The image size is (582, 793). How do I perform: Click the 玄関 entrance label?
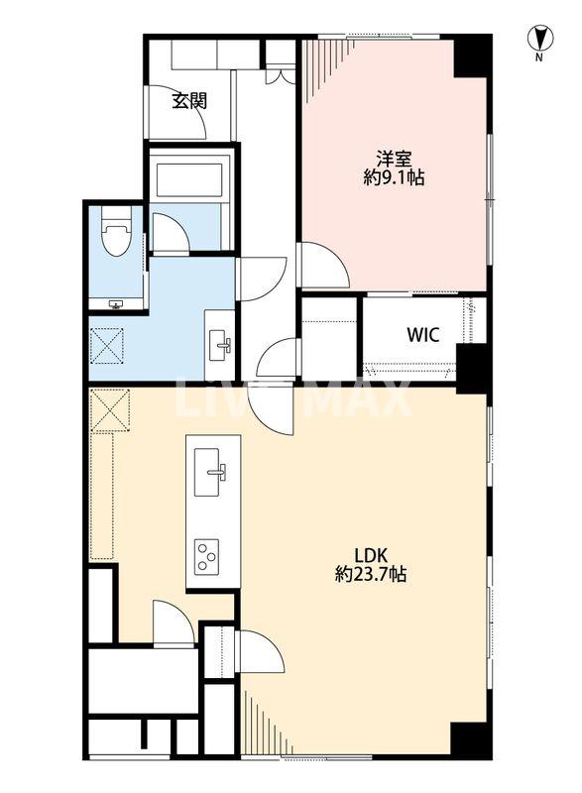click(189, 101)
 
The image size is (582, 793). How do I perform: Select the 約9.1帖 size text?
click(394, 177)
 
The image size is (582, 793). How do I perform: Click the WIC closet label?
click(423, 334)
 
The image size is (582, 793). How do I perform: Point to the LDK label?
click(371, 556)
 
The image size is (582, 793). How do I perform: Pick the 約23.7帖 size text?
click(371, 574)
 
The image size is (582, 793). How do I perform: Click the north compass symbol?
click(540, 39)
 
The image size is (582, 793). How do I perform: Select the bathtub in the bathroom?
click(190, 177)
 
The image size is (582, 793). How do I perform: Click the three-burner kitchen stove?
click(208, 555)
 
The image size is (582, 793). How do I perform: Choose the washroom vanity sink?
click(219, 345)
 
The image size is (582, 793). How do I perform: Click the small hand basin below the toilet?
click(117, 304)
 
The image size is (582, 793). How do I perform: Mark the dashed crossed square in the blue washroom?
click(107, 346)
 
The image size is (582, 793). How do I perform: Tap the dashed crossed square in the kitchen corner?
click(110, 410)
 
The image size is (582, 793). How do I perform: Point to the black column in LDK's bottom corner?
click(470, 740)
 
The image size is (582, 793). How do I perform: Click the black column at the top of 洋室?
click(471, 57)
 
